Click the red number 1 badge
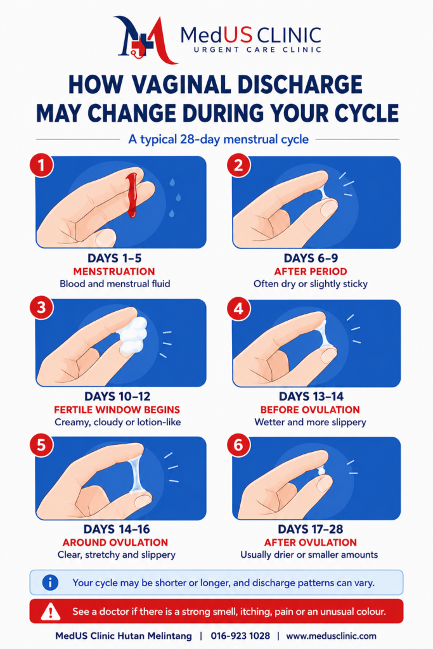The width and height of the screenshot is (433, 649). tap(41, 165)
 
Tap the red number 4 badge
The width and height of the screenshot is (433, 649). tap(239, 309)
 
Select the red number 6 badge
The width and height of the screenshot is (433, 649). tap(239, 446)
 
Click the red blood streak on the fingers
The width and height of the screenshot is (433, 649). tap(132, 195)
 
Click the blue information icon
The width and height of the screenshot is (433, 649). tap(50, 583)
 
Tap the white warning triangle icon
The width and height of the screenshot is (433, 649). tap(51, 611)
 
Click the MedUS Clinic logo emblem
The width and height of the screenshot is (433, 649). tap(145, 39)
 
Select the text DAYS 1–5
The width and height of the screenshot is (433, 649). tap(115, 259)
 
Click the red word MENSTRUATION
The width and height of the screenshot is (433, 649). tap(114, 271)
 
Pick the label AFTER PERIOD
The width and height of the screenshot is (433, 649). tap(311, 271)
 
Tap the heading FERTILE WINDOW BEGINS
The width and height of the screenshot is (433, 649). tap(117, 410)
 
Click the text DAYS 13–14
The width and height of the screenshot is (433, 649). tap(311, 397)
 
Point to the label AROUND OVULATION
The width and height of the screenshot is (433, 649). tap(115, 543)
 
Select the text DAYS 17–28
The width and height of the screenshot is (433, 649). tap(311, 529)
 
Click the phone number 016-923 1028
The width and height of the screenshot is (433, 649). tap(240, 636)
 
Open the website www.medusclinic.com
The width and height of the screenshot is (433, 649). tap(331, 636)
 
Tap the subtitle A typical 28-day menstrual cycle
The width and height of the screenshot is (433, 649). tap(218, 139)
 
